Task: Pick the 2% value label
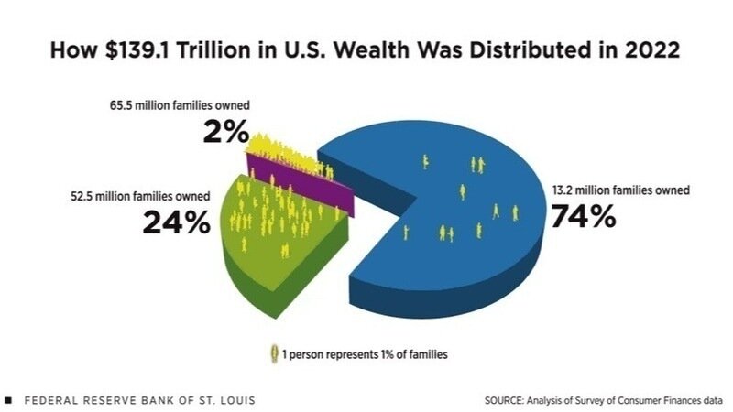point(225,133)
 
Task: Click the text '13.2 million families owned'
point(619,190)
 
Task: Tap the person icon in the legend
point(272,352)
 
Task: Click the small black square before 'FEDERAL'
point(8,400)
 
